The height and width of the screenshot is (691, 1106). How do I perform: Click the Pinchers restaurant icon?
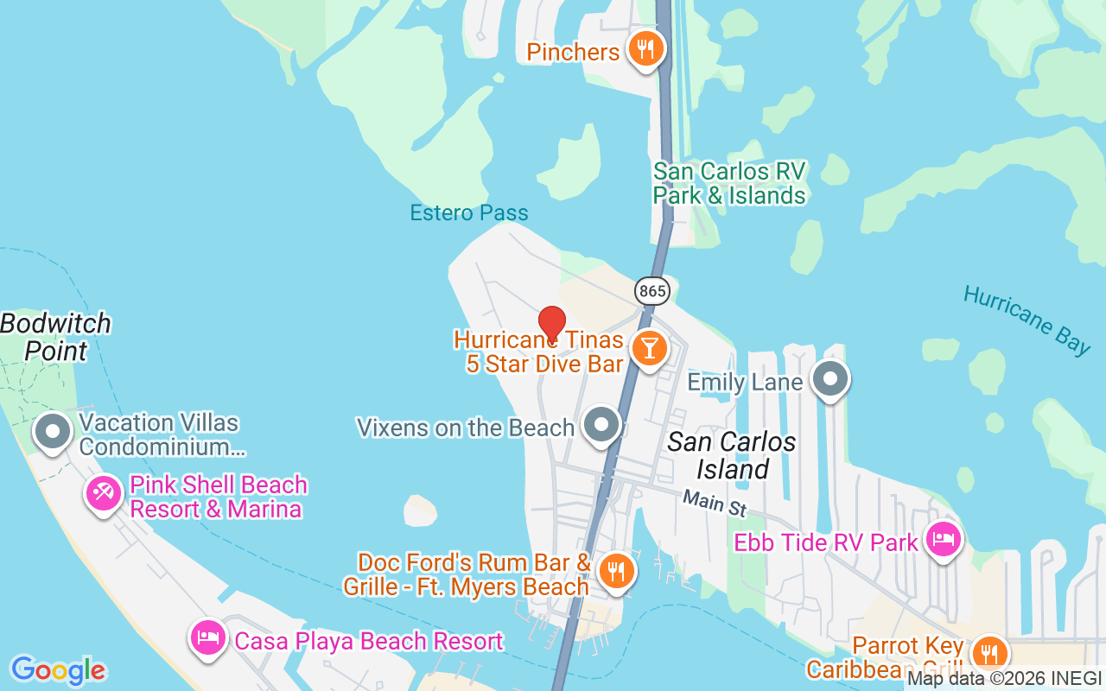coord(645,49)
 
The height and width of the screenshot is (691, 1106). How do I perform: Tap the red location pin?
coord(551,326)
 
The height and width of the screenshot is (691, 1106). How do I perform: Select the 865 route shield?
coord(652,291)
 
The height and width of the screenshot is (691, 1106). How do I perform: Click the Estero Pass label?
coord(468,212)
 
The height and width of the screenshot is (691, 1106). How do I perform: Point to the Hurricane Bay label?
coord(1027,320)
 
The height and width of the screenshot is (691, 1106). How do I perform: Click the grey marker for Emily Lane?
coord(831,379)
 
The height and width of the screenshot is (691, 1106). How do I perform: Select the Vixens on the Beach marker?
coord(601,425)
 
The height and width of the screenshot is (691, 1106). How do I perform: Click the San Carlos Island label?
coord(732,455)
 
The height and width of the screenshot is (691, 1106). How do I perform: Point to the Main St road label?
coord(714,503)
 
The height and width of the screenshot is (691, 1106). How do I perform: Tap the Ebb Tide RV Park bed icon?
coord(943,541)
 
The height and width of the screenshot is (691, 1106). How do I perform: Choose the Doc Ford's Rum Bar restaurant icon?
coord(616,571)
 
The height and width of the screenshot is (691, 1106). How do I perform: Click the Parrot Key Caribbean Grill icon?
coord(988,653)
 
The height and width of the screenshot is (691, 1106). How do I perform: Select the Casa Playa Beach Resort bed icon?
coord(207,639)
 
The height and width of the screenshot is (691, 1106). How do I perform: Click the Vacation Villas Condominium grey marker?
coord(53,431)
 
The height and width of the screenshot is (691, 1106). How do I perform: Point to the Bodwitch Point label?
coord(56,337)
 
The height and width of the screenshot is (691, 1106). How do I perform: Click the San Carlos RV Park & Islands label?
coord(728,183)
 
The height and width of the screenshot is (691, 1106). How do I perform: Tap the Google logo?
coord(58,670)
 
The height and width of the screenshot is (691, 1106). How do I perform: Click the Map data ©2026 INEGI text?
coord(1004,679)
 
